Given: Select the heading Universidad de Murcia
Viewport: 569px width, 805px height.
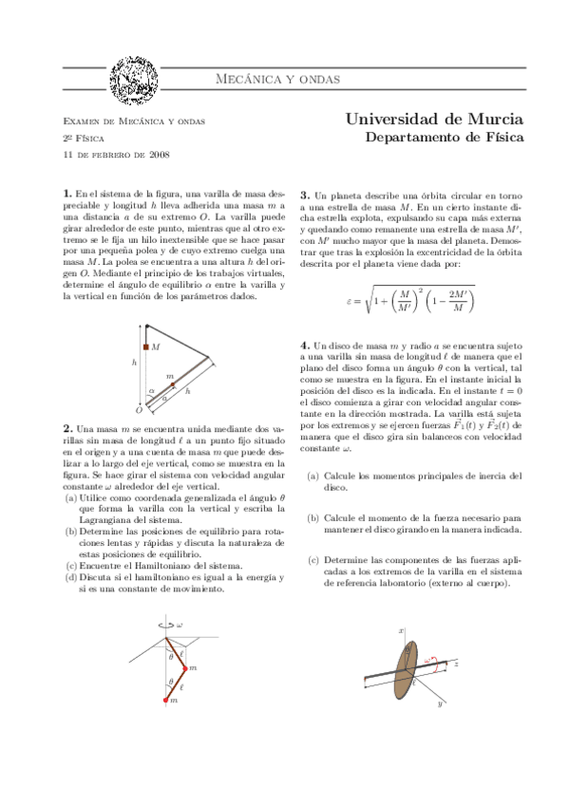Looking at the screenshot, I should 433,120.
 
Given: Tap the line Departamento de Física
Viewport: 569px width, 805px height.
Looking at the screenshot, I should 444,139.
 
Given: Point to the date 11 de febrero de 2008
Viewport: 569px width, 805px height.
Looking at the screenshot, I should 116,154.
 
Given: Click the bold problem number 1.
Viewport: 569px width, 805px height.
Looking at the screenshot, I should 66,194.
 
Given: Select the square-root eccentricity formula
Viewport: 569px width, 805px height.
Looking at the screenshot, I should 410,301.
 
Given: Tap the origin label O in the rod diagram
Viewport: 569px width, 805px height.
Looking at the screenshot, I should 139,410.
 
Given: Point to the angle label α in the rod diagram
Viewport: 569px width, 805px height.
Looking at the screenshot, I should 150,390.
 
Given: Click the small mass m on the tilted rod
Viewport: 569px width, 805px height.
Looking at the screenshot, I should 172,384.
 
